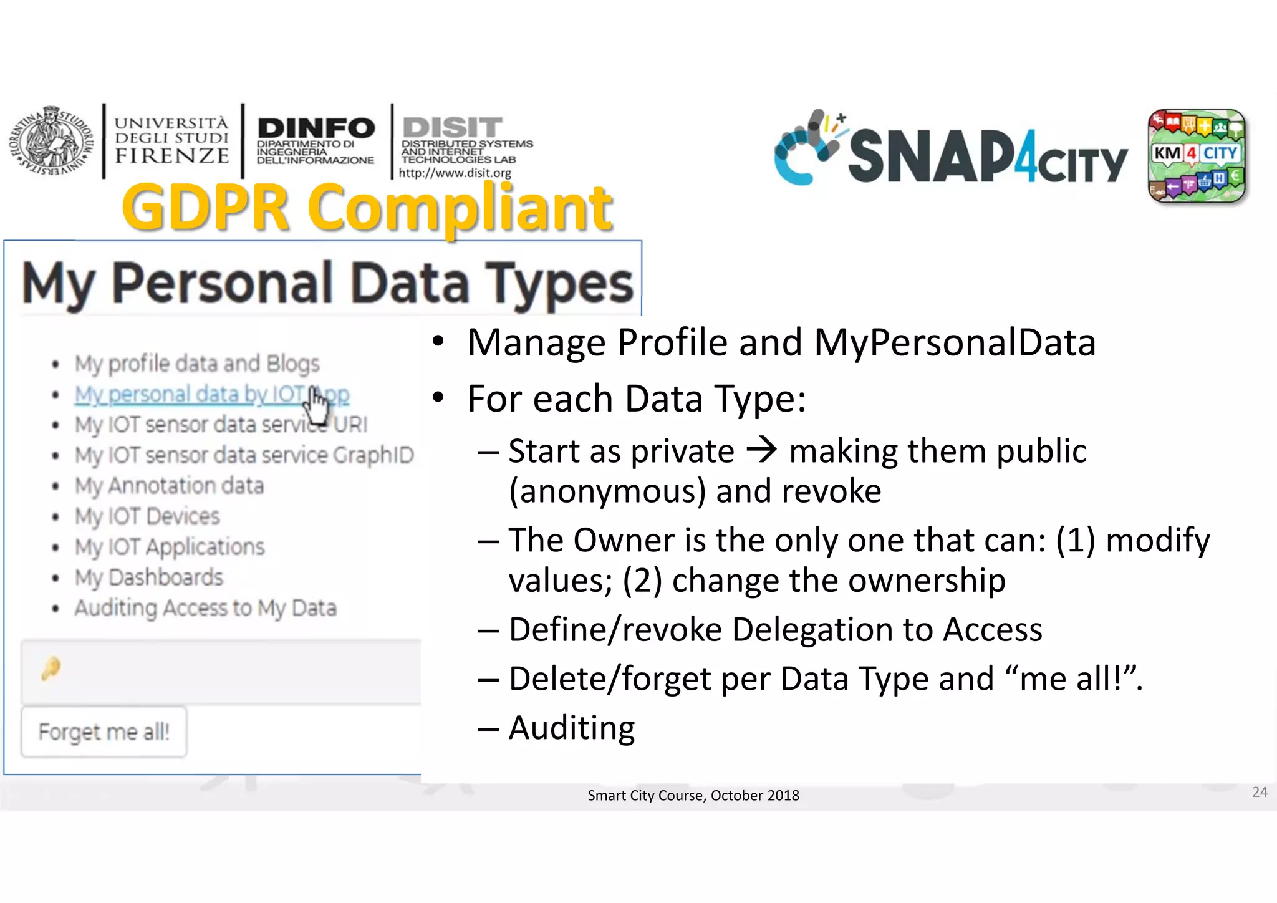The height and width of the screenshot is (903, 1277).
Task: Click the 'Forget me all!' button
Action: coord(104,732)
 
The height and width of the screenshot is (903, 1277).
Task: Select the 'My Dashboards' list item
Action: coord(148,577)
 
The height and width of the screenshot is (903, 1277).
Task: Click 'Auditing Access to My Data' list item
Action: coord(205,608)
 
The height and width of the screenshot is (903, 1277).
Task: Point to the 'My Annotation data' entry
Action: coord(169,486)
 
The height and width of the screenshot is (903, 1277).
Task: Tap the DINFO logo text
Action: coord(316,128)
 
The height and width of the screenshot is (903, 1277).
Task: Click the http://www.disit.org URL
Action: coord(455,173)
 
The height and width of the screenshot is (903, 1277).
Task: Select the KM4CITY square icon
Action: coord(1197,156)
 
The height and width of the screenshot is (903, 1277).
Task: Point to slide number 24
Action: coord(1260,792)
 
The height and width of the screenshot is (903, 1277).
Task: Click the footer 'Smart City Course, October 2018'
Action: coord(693,796)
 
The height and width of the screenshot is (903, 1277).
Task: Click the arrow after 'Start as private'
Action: coord(762,450)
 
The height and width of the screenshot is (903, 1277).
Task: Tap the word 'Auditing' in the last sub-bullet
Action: coord(572,728)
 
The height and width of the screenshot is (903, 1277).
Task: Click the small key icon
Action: coord(51,669)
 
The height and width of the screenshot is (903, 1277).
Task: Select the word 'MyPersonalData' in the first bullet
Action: coord(955,342)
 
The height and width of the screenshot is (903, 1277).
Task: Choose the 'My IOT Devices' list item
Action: coord(147,516)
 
